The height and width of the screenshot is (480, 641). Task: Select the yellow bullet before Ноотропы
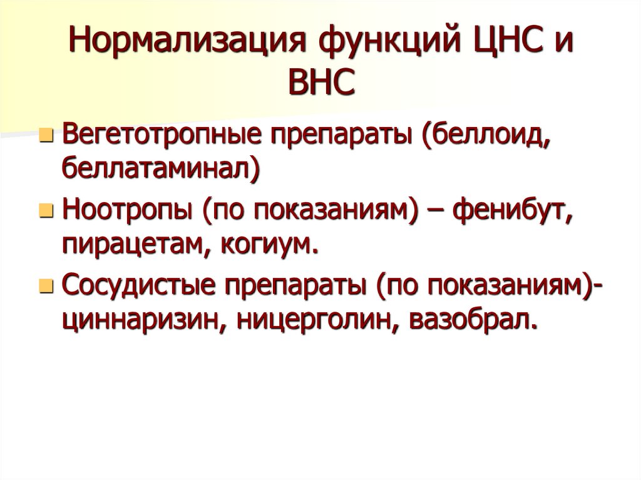click(45, 212)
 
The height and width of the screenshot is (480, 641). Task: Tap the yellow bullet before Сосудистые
click(45, 287)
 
